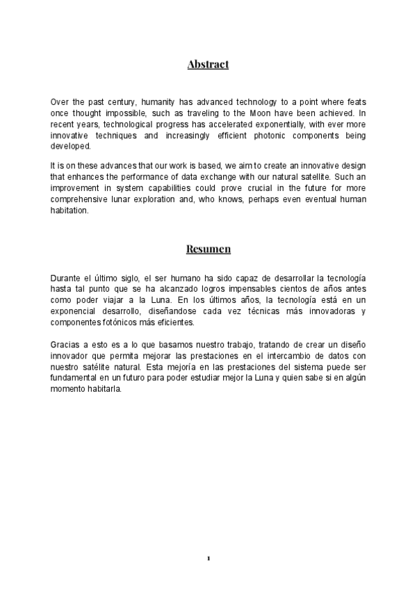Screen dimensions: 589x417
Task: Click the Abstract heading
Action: [208, 65]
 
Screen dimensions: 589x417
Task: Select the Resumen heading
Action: [208, 248]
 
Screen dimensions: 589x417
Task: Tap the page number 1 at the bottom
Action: [208, 558]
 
